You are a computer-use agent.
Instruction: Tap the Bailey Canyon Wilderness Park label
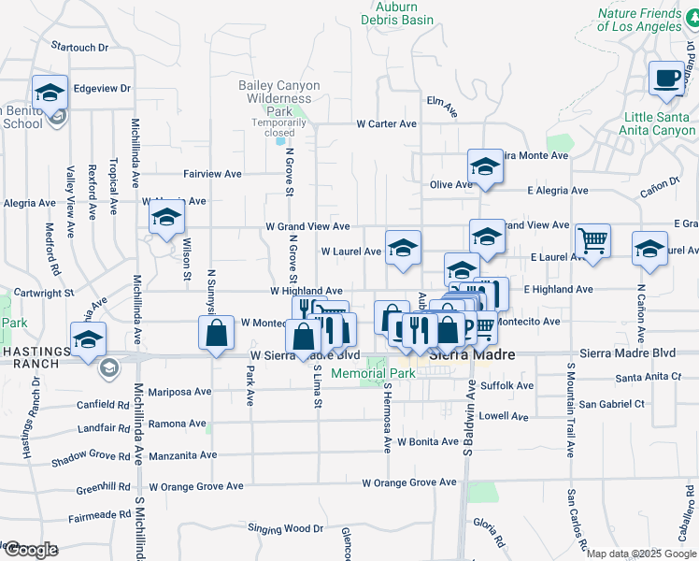point(278,97)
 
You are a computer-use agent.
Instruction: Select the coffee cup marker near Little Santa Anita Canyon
point(667,79)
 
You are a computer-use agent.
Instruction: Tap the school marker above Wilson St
point(166,220)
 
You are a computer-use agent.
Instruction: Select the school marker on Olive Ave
point(485,166)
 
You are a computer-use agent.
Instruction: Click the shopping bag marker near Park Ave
point(216,334)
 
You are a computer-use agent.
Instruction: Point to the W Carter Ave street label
point(386,123)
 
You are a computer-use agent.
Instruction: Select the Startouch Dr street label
point(80,46)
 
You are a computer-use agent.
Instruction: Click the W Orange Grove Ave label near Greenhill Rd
point(196,486)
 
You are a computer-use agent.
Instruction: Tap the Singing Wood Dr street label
point(285,528)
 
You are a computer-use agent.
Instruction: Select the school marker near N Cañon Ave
point(650,250)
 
